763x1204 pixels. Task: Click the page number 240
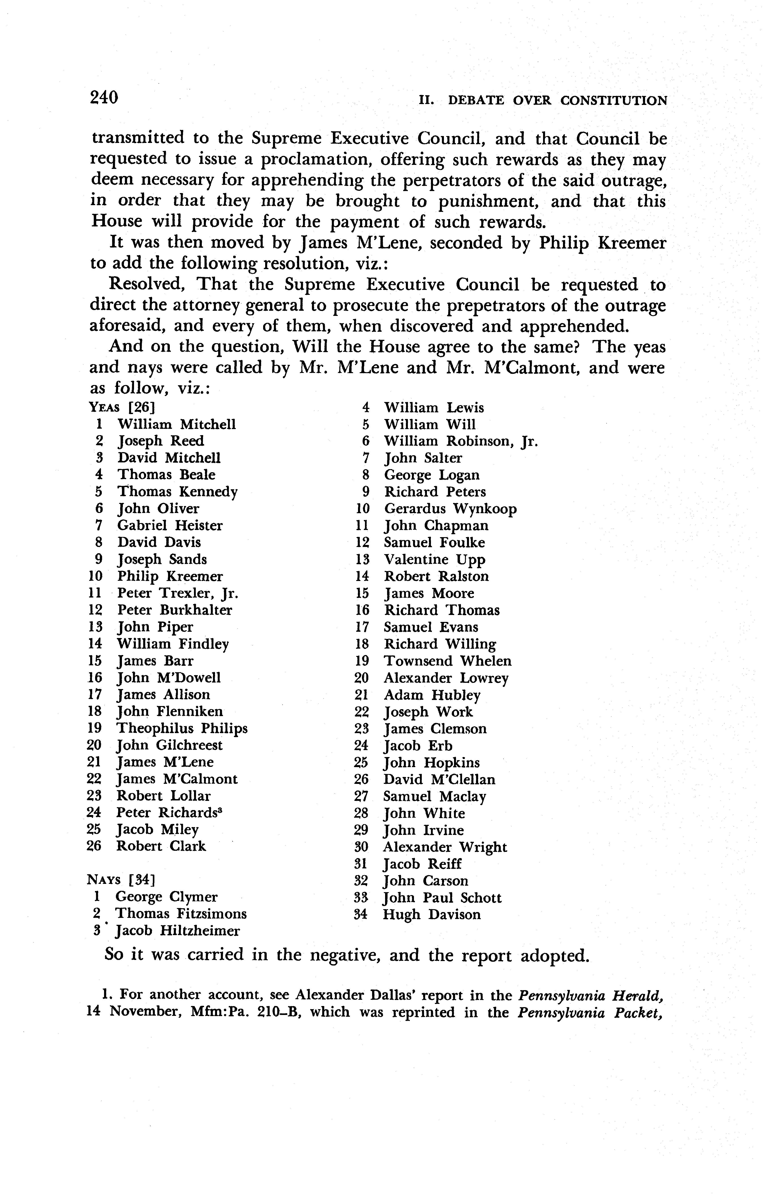pyautogui.click(x=104, y=97)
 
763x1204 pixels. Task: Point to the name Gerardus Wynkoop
pyautogui.click(x=450, y=509)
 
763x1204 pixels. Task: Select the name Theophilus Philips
pyautogui.click(x=182, y=728)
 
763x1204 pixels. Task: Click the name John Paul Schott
pyautogui.click(x=442, y=898)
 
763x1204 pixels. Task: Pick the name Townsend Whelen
pyautogui.click(x=448, y=661)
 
